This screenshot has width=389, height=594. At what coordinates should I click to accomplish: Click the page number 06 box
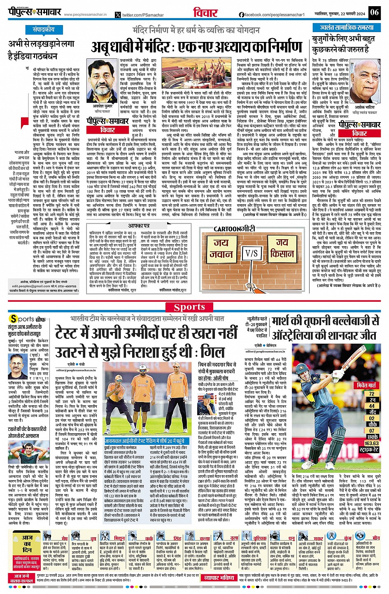374,12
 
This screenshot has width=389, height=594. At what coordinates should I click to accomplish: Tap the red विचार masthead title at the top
206,13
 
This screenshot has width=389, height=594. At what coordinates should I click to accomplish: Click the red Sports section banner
189,307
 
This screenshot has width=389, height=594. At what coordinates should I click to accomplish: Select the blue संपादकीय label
44,30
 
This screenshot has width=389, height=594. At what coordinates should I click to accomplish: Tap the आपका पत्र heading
138,226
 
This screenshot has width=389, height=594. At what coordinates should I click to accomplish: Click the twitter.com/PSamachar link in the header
140,15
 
